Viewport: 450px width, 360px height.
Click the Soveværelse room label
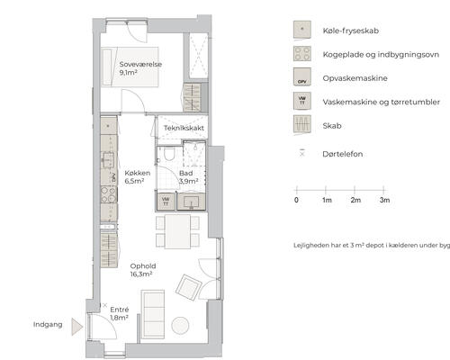(x=140, y=64)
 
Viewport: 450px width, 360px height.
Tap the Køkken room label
(x=138, y=173)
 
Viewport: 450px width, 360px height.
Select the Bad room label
(x=185, y=173)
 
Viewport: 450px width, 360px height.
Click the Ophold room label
(x=143, y=266)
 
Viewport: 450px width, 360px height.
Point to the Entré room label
(x=120, y=310)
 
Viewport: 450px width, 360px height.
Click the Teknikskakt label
(x=184, y=128)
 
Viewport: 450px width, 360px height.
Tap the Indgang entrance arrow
(x=76, y=327)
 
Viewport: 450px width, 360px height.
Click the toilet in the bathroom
(x=169, y=154)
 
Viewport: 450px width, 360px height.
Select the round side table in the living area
(x=180, y=326)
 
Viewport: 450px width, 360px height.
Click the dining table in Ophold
(x=177, y=231)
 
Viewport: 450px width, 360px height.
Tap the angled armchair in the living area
(x=188, y=287)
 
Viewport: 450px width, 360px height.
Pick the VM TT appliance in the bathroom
(x=166, y=201)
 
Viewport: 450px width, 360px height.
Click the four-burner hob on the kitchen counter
(x=109, y=194)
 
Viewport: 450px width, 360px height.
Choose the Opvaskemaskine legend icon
(x=302, y=77)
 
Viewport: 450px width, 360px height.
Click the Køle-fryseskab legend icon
(x=302, y=30)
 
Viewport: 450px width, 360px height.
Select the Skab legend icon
(x=302, y=124)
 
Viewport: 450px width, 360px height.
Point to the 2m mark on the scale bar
(x=355, y=190)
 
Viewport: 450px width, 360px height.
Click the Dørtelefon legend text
(x=343, y=154)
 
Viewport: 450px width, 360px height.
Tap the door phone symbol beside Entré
(x=104, y=305)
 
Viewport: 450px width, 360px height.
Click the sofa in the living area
(x=153, y=314)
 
